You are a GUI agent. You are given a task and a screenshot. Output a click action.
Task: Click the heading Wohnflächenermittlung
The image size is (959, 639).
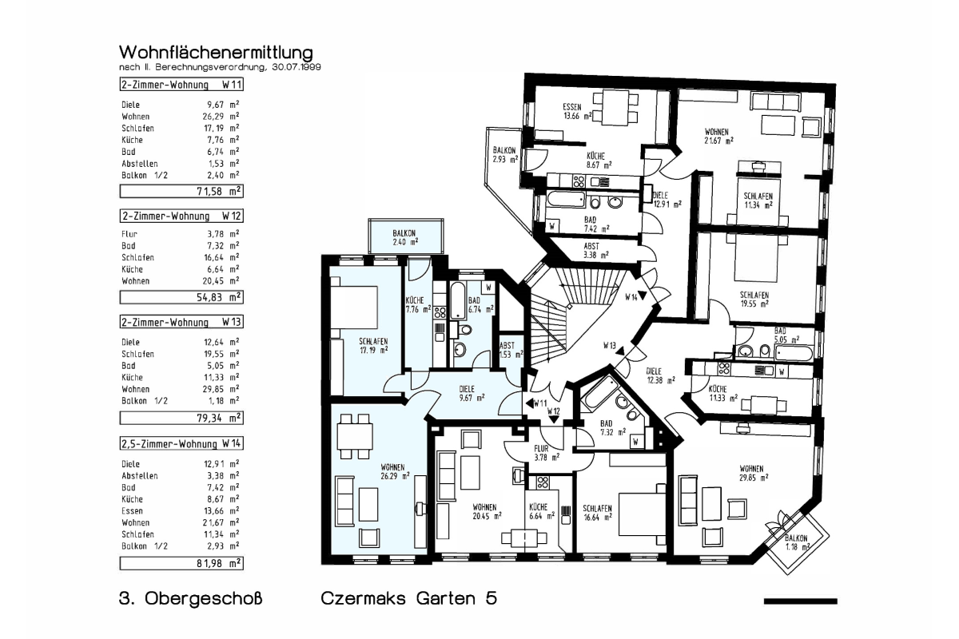[x=216, y=53]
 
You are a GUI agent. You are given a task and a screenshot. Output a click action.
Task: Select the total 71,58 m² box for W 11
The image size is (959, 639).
[x=181, y=191]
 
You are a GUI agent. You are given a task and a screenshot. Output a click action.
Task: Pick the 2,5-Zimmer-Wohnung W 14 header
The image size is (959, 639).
[x=181, y=444]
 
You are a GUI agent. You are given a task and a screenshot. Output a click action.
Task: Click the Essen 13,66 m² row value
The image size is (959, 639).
[x=221, y=511]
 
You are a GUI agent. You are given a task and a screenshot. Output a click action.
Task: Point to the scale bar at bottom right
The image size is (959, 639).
[x=800, y=601]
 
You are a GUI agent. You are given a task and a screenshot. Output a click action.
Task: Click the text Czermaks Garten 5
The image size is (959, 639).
[x=409, y=598]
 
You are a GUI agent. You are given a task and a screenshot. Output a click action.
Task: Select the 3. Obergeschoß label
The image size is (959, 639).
[x=190, y=598]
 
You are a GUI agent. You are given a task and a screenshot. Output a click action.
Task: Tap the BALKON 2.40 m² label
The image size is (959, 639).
[x=404, y=237]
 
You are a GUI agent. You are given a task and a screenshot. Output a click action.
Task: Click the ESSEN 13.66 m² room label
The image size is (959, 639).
[x=577, y=111]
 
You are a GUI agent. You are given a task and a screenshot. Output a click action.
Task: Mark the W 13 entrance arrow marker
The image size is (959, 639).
[x=620, y=351]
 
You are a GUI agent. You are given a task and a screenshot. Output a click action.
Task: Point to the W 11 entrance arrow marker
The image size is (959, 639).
[x=530, y=403]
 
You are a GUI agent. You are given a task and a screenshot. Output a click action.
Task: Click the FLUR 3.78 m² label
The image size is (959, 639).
[x=547, y=453]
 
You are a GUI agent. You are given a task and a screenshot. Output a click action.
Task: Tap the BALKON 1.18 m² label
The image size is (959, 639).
[x=798, y=542]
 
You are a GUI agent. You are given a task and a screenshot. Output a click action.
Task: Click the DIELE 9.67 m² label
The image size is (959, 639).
[x=471, y=393]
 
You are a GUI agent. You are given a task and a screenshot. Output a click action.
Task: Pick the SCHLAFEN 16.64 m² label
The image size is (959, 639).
[x=597, y=513]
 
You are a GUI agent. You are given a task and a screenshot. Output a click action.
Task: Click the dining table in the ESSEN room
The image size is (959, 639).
[x=615, y=107]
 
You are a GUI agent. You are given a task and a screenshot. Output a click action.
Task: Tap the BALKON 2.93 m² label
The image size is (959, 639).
[x=505, y=155]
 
